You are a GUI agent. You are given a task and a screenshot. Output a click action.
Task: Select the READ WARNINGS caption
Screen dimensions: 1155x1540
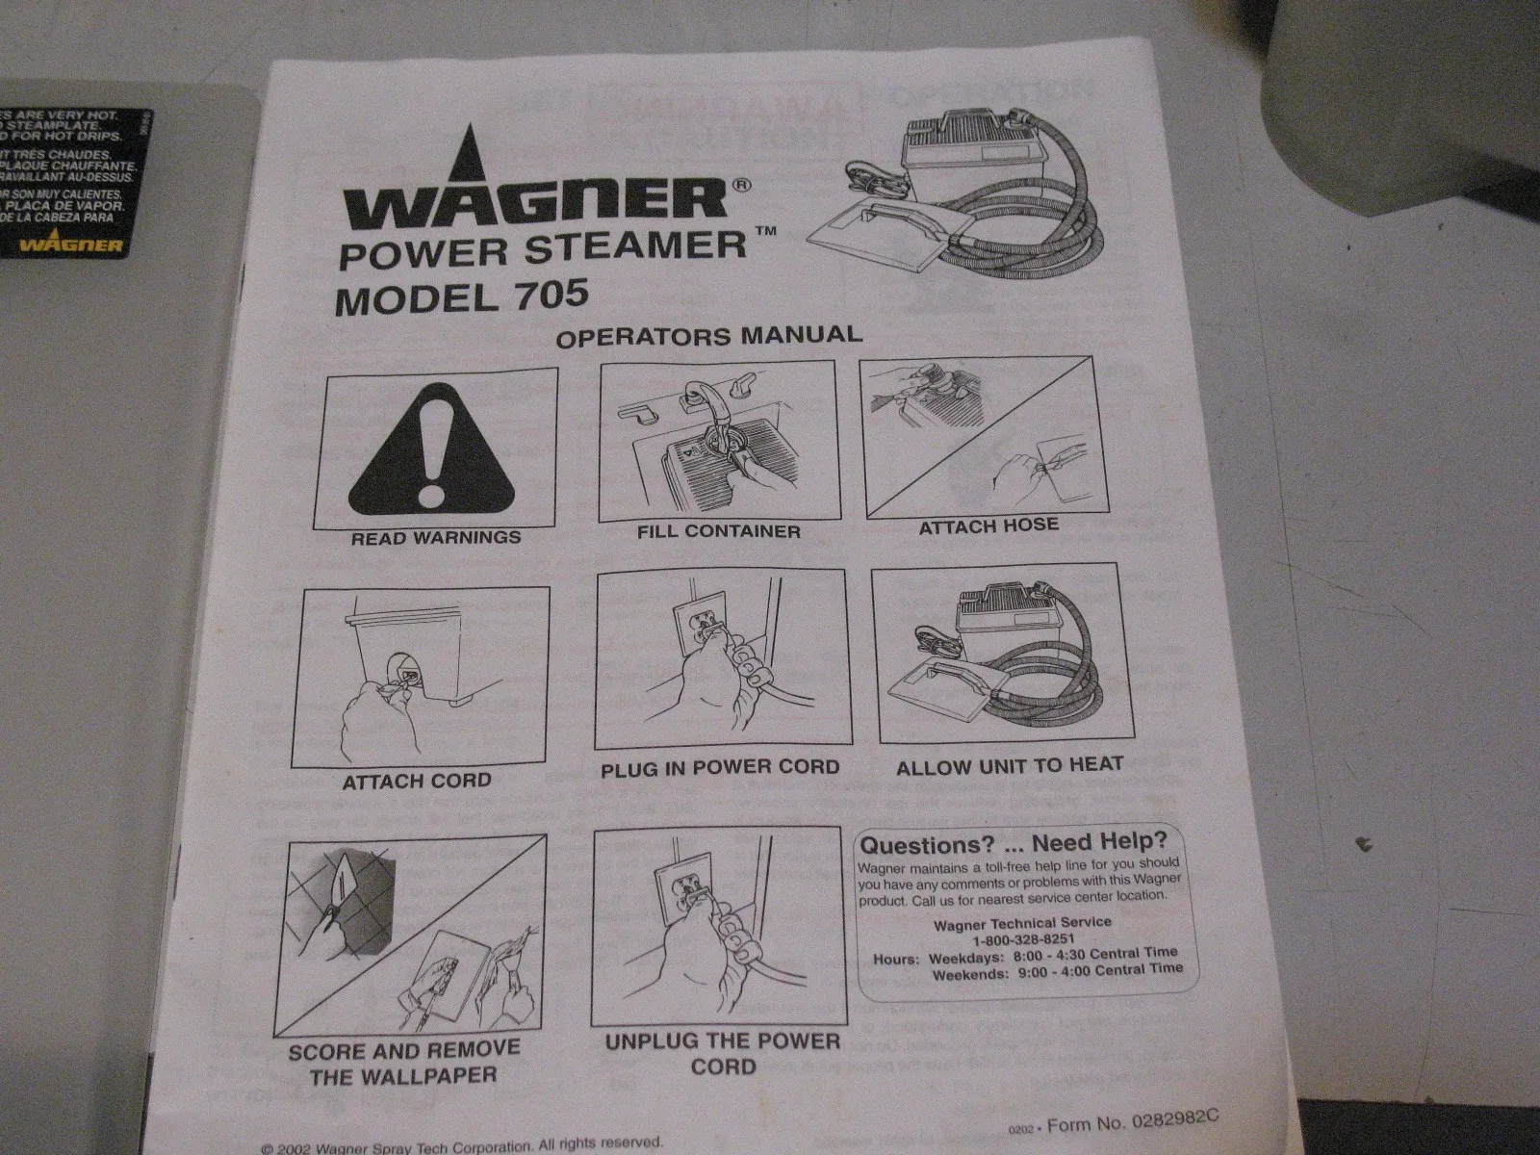436,537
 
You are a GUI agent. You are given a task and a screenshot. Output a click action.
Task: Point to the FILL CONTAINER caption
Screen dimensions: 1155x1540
718,530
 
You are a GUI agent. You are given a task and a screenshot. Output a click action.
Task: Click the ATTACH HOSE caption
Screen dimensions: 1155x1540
988,526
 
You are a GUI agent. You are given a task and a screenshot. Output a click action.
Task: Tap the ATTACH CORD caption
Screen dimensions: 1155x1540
416,781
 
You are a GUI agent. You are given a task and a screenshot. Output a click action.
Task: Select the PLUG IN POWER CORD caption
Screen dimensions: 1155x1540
720,768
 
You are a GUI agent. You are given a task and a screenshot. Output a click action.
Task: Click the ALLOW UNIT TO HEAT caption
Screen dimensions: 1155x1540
1009,766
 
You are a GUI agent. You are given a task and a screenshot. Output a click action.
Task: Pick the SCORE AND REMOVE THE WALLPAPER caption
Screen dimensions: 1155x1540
403,1061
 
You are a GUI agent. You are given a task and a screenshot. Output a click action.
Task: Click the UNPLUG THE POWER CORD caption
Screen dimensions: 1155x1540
722,1053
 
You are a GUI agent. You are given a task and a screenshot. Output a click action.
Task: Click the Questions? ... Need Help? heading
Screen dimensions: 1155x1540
1013,845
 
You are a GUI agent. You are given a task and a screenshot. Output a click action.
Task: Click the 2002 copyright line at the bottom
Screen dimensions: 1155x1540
462,1145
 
